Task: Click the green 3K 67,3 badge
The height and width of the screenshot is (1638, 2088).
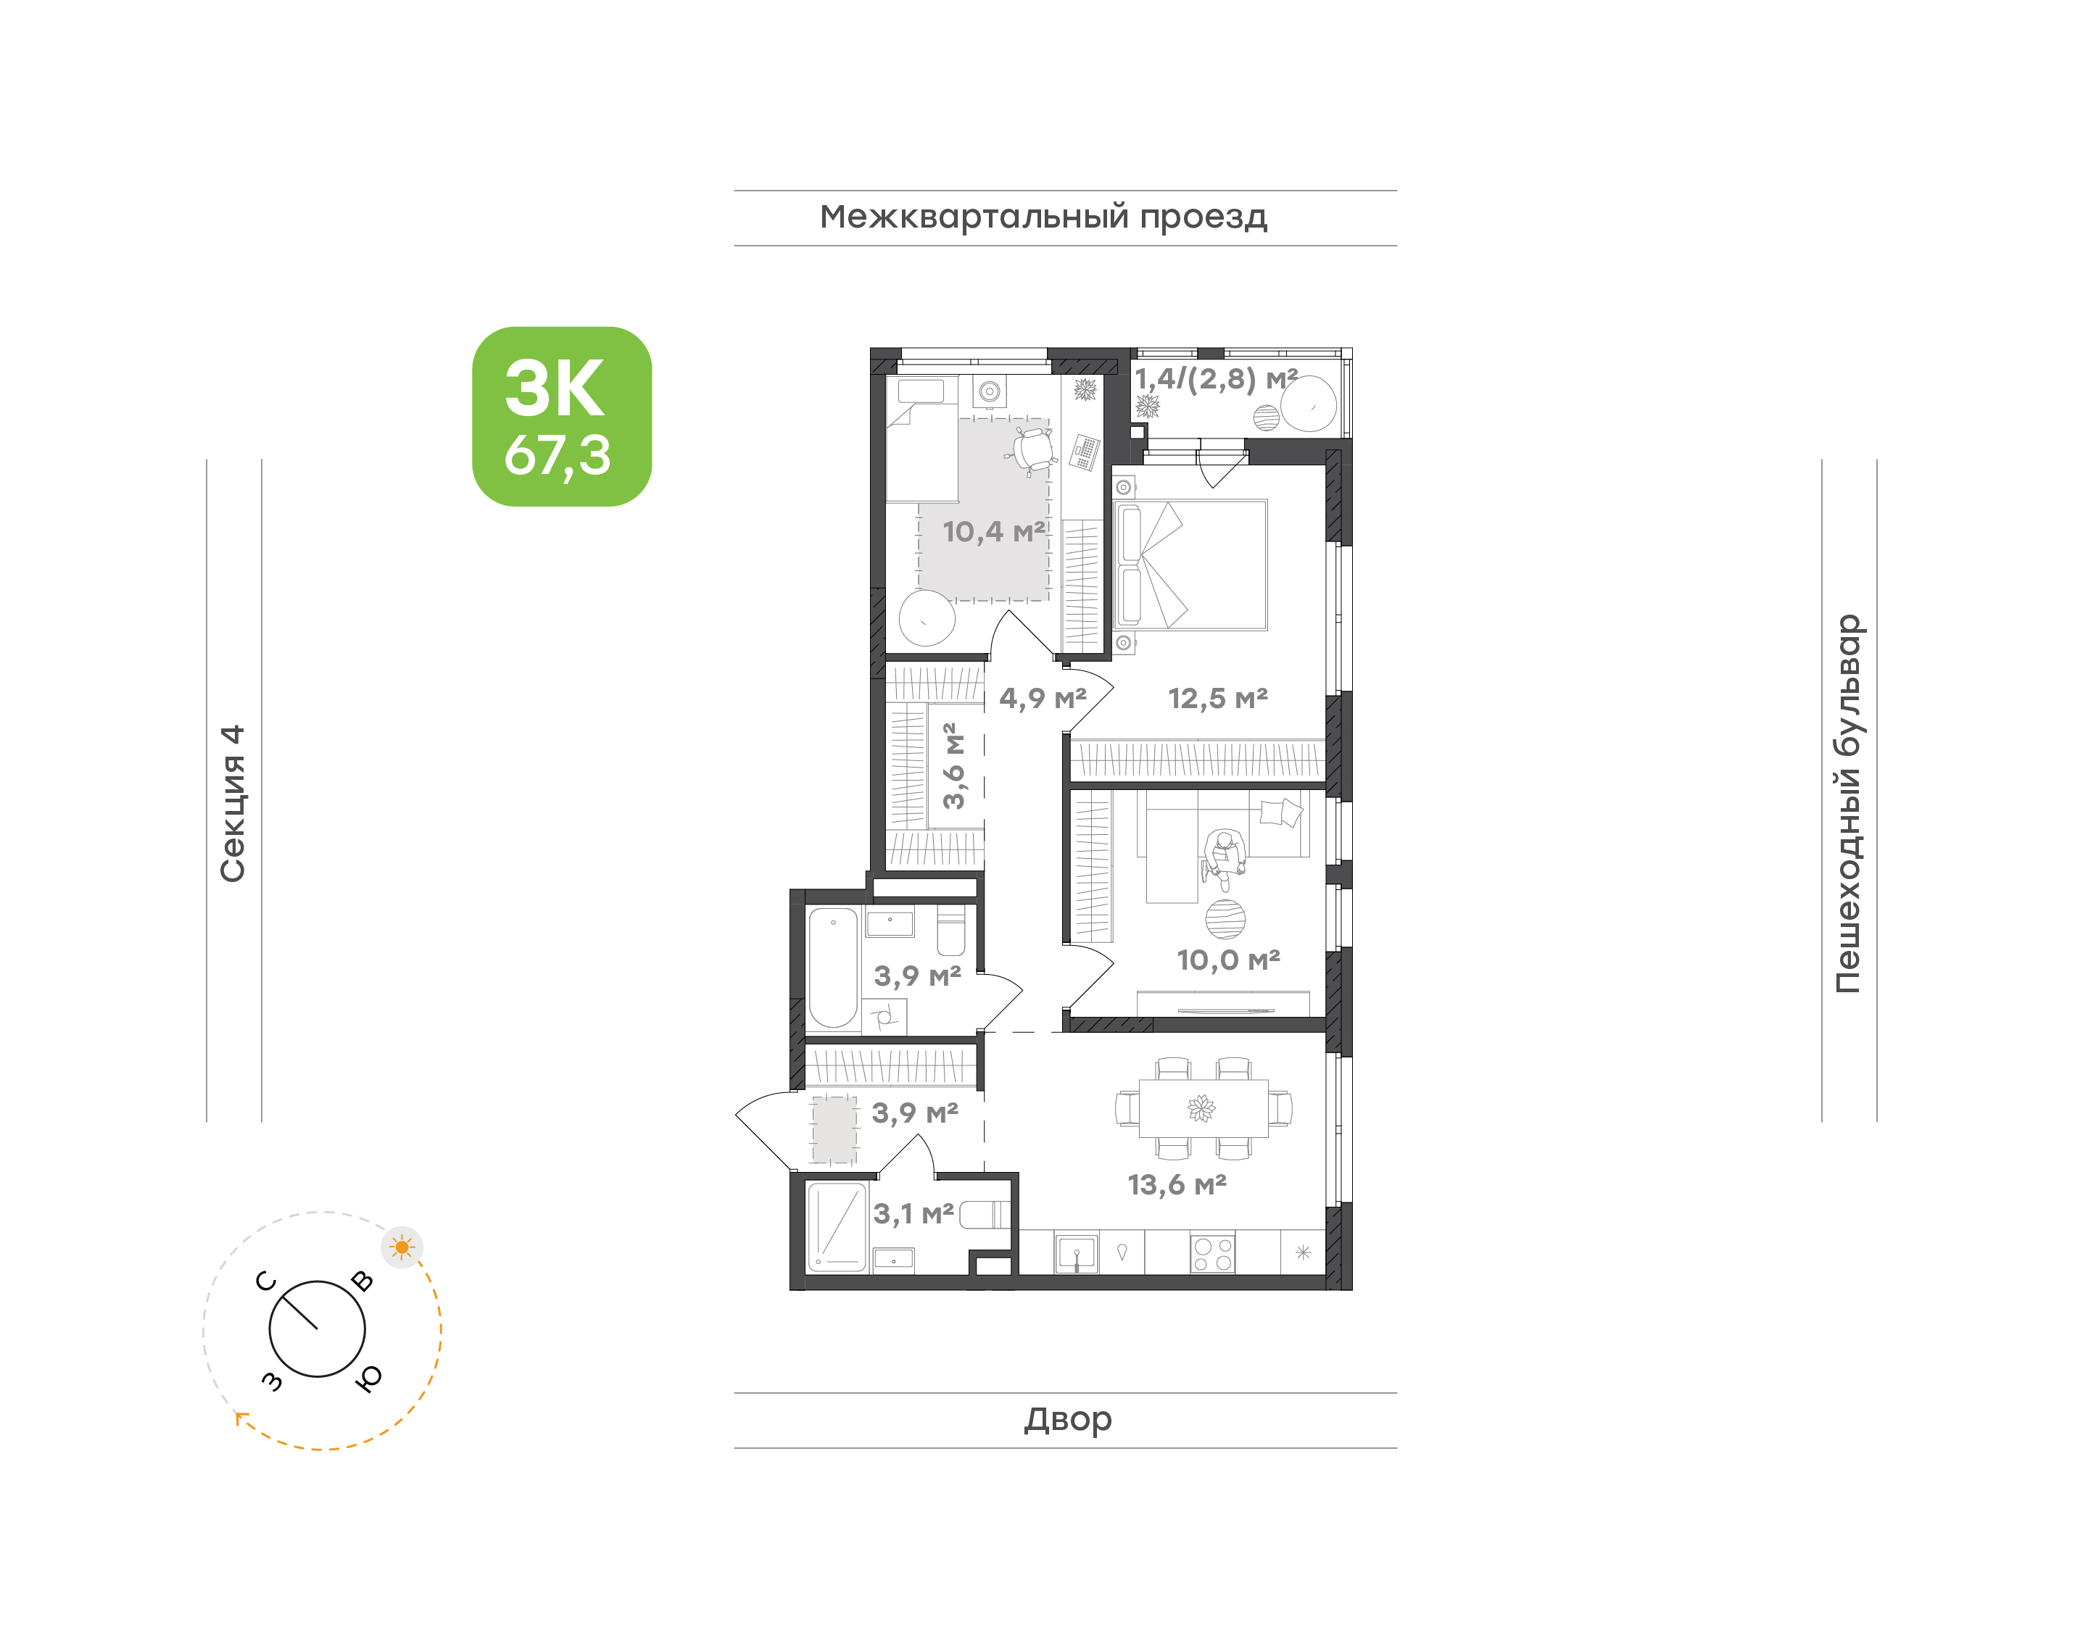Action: (561, 416)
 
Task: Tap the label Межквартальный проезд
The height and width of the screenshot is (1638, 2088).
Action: (1043, 217)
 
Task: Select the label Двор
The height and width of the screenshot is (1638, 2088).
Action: (1067, 1419)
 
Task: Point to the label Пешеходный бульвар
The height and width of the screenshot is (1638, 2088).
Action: (1847, 804)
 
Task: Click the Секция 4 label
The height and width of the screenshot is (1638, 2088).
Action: (233, 804)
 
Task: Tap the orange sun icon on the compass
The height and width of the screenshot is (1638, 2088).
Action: (402, 1247)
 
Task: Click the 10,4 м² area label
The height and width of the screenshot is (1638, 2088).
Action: (994, 531)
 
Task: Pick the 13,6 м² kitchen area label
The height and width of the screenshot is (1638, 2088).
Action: (1177, 1184)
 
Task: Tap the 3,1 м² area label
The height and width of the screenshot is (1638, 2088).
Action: (913, 1214)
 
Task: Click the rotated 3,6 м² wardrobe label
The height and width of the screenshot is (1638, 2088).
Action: (953, 766)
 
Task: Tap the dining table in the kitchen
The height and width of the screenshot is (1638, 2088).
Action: (1203, 1109)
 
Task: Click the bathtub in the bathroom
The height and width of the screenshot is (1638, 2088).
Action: (832, 968)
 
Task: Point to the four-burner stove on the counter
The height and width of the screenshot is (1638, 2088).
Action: (1212, 1253)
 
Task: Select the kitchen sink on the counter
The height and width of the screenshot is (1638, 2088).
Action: (1076, 1253)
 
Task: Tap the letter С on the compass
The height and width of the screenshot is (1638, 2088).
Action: (265, 1281)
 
